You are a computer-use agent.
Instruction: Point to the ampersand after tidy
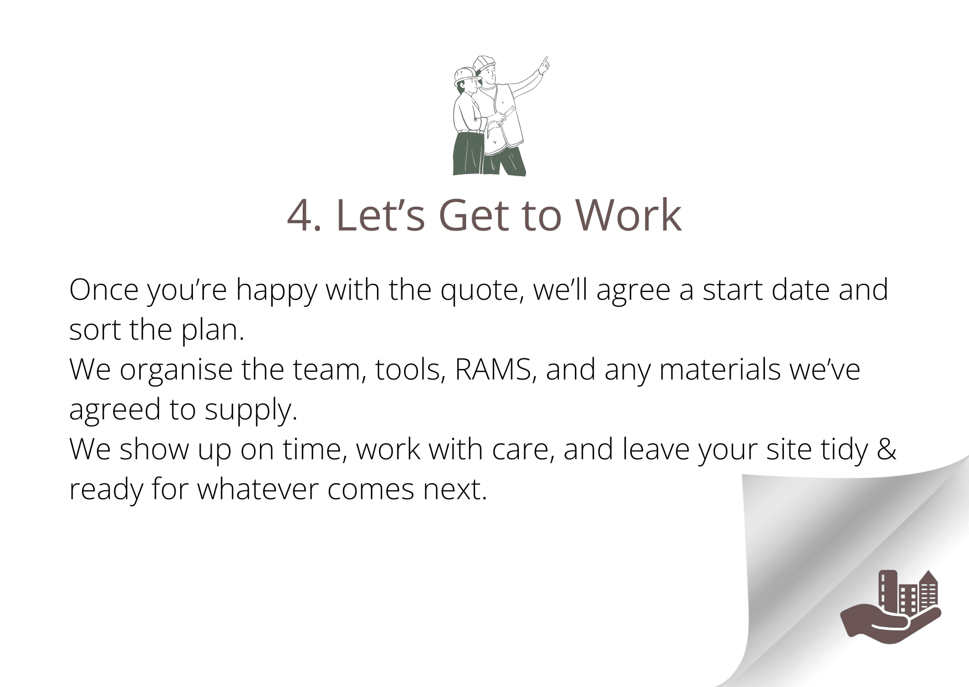[886, 449]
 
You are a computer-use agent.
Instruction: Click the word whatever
[258, 489]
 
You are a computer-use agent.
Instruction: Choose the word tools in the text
[411, 370]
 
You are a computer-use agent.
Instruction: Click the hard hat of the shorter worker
[464, 75]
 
